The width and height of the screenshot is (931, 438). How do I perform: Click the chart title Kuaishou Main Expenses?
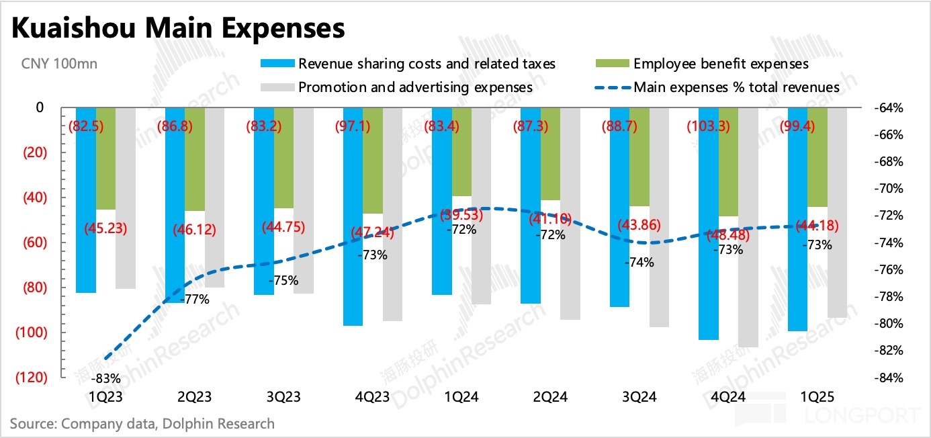[178, 29]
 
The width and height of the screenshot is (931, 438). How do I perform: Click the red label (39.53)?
[461, 215]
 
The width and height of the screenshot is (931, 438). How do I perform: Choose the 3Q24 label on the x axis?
[639, 397]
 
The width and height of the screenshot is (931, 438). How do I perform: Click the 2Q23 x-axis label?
[195, 397]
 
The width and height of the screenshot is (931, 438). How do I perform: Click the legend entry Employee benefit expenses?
[721, 64]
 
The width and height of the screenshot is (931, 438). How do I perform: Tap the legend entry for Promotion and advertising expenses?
[415, 87]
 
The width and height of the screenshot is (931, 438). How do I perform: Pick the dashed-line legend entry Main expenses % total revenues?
[736, 87]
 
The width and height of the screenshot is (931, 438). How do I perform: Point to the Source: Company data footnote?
[142, 423]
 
